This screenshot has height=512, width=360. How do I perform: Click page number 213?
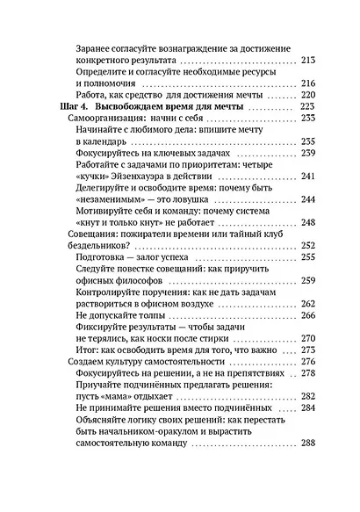(x=307, y=61)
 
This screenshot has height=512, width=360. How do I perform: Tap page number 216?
(x=307, y=83)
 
